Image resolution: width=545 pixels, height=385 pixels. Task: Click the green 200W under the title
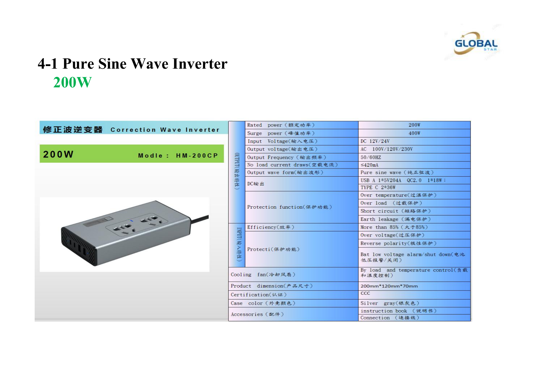(72, 82)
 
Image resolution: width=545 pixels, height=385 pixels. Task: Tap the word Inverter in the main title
(200, 64)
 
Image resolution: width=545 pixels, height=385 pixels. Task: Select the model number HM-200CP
(197, 155)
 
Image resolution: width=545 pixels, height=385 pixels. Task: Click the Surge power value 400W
(414, 133)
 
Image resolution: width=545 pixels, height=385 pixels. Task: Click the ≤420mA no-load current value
(369, 165)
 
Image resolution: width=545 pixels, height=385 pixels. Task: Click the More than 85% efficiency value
(394, 227)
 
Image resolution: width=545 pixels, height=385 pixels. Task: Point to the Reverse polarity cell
(398, 243)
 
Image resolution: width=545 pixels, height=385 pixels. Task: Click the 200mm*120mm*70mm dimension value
(389, 286)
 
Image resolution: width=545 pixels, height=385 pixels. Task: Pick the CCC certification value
(365, 293)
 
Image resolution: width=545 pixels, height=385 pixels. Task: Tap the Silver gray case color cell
(389, 303)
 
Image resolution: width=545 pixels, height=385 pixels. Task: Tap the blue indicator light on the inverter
(132, 221)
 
